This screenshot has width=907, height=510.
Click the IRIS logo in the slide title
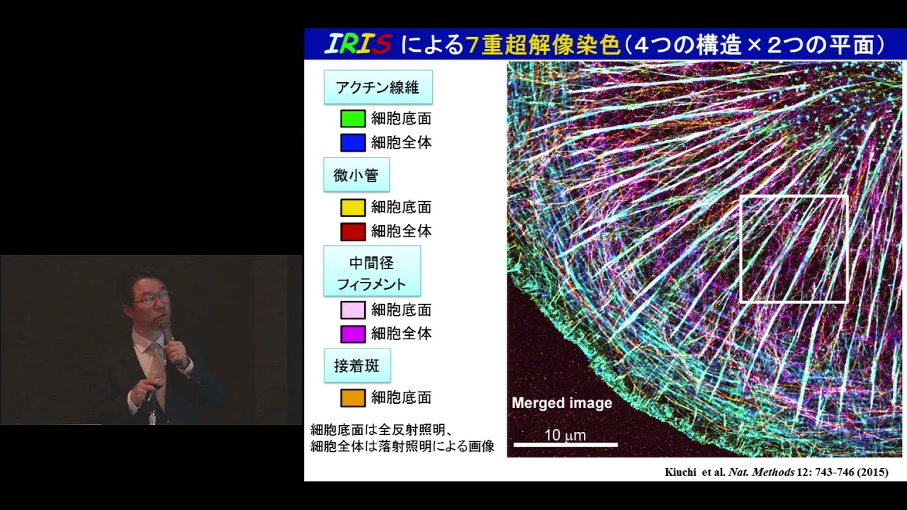359,44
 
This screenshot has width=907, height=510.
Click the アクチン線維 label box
378,87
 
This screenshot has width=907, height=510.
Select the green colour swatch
353,118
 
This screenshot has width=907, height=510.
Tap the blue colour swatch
353,142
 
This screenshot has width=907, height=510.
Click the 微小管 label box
356,175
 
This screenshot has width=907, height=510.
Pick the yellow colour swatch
353,208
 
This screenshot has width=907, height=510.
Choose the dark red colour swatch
353,232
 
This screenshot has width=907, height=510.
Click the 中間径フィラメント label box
372,271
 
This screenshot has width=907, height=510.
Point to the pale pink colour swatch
353,310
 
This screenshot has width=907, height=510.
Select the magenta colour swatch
353,334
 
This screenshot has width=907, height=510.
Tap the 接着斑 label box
357,365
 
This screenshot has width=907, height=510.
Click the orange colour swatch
353,398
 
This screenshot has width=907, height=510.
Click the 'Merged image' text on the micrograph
562,403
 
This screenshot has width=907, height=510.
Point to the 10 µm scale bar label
565,436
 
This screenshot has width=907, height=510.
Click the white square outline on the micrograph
741,249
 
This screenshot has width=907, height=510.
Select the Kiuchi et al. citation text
776,472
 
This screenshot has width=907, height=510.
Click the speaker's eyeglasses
153,298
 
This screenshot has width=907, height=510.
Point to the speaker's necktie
157,373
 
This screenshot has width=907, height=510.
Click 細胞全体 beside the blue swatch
401,142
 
